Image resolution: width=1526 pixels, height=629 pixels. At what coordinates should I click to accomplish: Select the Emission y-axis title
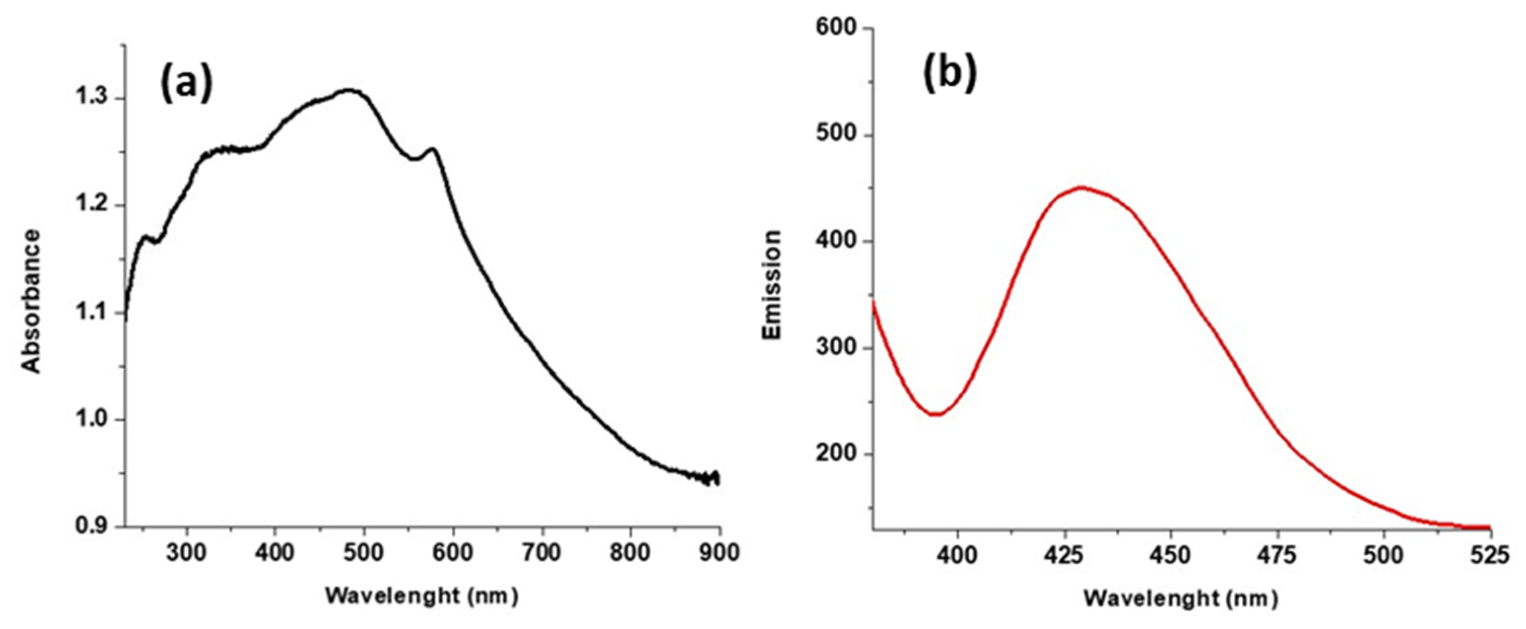pos(772,285)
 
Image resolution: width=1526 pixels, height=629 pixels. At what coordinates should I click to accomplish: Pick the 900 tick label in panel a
pos(719,553)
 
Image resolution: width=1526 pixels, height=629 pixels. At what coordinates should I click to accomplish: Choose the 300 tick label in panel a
pos(187,553)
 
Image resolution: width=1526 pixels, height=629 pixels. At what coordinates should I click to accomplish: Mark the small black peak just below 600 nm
pos(432,149)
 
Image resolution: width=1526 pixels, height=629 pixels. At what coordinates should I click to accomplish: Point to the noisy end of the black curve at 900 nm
pos(714,478)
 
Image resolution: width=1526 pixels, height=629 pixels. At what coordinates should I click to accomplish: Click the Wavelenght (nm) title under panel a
pos(422,596)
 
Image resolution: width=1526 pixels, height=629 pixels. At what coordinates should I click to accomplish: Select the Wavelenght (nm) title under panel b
pos(1181,599)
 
